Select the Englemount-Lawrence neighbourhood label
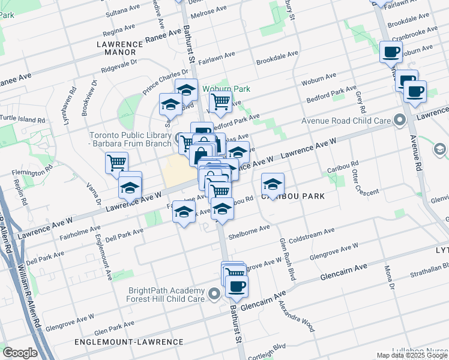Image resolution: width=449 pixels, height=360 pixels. click(128, 342)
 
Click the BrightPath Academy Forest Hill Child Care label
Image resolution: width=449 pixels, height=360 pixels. click(167, 294)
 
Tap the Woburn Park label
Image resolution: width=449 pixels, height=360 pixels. click(226, 89)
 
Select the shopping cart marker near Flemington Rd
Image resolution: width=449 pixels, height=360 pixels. click(116, 163)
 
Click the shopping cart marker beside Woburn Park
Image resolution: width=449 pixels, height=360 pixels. click(221, 102)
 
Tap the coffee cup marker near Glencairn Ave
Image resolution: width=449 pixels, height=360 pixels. click(237, 287)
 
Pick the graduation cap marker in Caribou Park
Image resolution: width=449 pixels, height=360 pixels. click(273, 184)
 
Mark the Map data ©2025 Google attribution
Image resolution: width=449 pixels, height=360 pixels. click(412, 355)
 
